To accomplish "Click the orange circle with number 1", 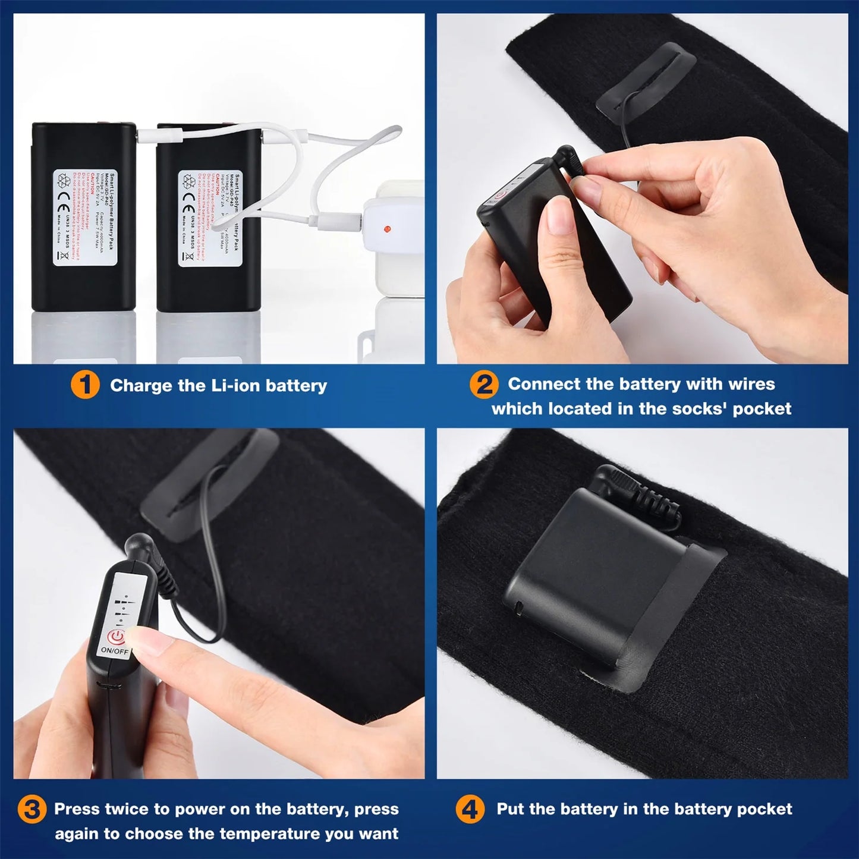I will [x=84, y=385].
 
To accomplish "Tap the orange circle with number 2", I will [x=484, y=385].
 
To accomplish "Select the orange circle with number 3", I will [x=31, y=810].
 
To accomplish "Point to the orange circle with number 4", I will [x=470, y=810].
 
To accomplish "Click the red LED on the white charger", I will [x=388, y=228].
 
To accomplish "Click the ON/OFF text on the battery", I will [x=114, y=650].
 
